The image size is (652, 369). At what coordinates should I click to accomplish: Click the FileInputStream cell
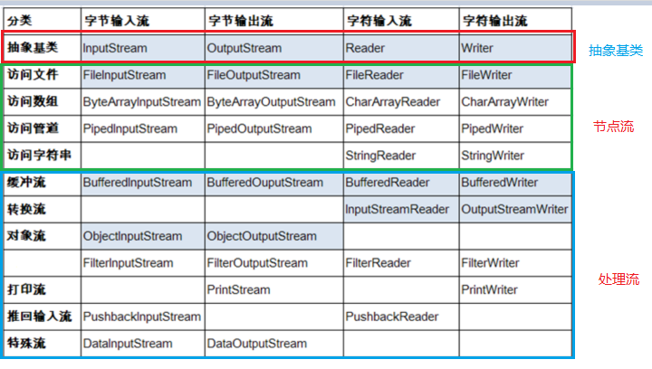[x=124, y=75]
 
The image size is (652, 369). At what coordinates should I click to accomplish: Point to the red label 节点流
[x=612, y=127]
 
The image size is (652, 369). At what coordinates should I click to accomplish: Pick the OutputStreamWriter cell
[x=514, y=210]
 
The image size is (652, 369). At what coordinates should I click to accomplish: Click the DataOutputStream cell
[x=256, y=344]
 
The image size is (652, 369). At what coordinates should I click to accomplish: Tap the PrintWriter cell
[x=489, y=290]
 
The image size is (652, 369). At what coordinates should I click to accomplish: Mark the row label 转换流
[x=26, y=210]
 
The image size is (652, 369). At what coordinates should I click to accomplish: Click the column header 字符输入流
[x=376, y=20]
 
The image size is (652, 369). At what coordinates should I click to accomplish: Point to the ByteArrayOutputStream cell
[x=271, y=102]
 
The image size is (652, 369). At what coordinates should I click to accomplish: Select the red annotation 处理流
[x=618, y=279]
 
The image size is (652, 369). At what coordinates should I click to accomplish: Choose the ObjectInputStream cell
[x=128, y=237]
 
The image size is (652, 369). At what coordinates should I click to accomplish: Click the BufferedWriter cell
[x=499, y=183]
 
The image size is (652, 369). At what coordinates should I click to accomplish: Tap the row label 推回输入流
[x=38, y=317]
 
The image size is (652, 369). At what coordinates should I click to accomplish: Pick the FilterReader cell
[x=378, y=263]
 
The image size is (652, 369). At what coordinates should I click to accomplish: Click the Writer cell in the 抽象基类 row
[x=476, y=46]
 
